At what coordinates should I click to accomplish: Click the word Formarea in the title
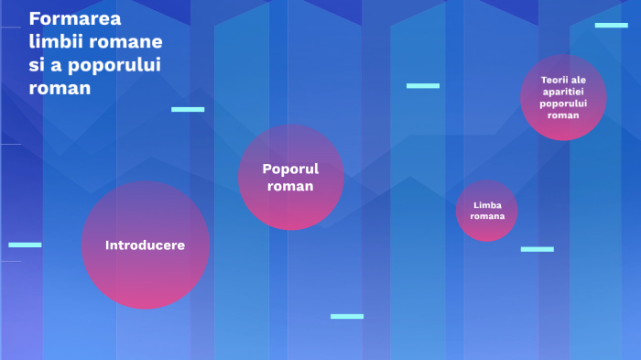[68, 18]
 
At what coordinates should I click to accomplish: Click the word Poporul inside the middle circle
[290, 169]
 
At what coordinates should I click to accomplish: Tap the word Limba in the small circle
[487, 204]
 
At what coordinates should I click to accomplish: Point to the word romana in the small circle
[487, 216]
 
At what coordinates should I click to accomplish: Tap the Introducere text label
[146, 245]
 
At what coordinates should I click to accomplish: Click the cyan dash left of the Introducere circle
[25, 245]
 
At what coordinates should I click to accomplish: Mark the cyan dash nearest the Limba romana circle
[538, 249]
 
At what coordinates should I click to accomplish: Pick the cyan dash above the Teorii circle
[611, 25]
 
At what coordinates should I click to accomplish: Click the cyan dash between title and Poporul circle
[188, 109]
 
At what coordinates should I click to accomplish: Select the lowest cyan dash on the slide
[347, 316]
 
